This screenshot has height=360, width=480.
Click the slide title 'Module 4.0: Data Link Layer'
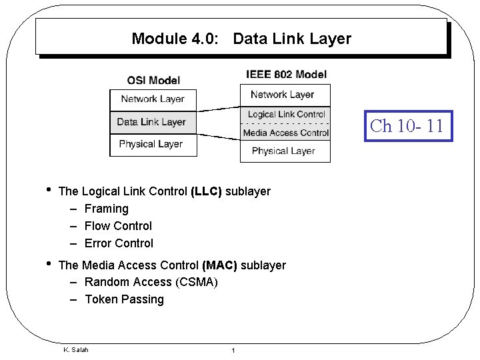(241, 39)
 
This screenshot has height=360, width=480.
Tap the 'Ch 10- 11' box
(407, 126)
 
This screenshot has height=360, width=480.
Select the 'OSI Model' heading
(153, 81)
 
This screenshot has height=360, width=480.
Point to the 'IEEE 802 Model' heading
(286, 74)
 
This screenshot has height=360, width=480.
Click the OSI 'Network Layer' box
(153, 99)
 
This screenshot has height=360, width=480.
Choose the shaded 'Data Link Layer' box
(151, 122)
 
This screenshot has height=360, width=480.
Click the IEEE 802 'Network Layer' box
(282, 95)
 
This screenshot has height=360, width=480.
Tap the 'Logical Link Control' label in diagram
(286, 114)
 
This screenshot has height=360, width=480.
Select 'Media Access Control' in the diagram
(286, 133)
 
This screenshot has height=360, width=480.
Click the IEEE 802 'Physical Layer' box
(283, 151)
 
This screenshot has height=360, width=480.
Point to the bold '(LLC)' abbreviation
(206, 192)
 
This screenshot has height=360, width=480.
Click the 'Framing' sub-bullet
(107, 209)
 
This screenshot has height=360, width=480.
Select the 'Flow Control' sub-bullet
(118, 226)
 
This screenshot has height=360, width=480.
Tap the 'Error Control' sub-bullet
(119, 243)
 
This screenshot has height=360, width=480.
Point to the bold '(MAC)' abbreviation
(219, 265)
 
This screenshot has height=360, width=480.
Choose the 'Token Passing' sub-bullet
(124, 299)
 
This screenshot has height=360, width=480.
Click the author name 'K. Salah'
(75, 350)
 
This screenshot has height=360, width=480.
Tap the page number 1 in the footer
(232, 351)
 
